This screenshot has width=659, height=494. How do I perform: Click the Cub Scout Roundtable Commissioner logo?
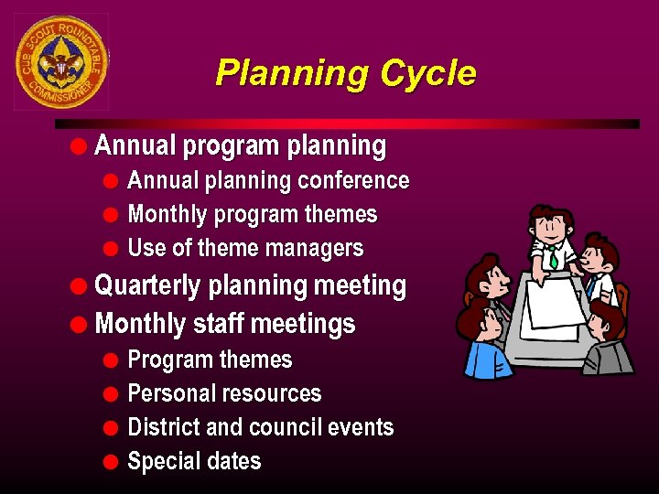tap(61, 61)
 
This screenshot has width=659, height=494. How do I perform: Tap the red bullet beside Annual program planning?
tap(81, 145)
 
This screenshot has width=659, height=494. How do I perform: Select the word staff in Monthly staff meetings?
tap(218, 325)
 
